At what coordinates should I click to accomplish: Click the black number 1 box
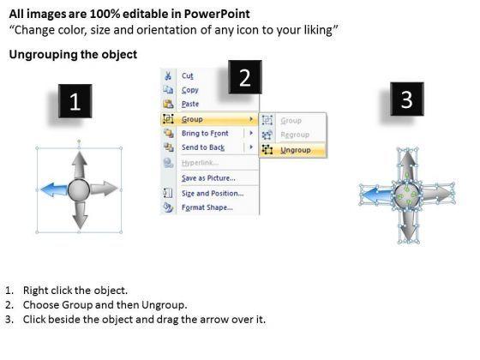click(x=75, y=101)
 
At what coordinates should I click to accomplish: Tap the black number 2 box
click(x=245, y=77)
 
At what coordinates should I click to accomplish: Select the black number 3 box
click(x=407, y=99)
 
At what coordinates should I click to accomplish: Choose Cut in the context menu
click(x=188, y=75)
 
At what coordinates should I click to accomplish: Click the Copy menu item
click(x=190, y=90)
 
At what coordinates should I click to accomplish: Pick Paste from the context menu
click(x=190, y=104)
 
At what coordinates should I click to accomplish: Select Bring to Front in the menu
click(x=205, y=133)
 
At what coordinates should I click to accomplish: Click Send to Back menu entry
click(x=203, y=147)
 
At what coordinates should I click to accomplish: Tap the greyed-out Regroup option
click(x=295, y=135)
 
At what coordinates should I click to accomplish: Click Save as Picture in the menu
click(x=208, y=178)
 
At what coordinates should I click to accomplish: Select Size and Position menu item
click(x=213, y=193)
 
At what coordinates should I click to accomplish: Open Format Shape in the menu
click(x=207, y=207)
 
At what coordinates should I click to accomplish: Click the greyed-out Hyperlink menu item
click(x=200, y=163)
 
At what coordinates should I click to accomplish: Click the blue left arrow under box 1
click(x=54, y=189)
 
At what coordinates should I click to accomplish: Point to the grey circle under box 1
click(x=79, y=190)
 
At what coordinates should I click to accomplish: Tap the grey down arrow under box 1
click(x=81, y=215)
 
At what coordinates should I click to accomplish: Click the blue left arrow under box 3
click(x=377, y=195)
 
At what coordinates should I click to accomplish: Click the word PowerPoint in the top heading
click(x=217, y=14)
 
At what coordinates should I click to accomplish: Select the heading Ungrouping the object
click(x=73, y=55)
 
